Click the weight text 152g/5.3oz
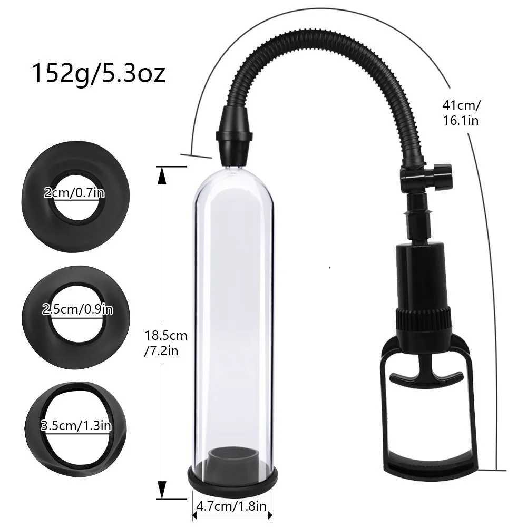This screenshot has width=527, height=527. [99, 74]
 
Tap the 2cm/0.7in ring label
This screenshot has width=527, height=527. [74, 193]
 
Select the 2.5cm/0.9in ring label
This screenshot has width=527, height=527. [77, 309]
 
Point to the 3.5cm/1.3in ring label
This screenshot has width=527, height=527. [76, 425]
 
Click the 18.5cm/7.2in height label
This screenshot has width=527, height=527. [165, 343]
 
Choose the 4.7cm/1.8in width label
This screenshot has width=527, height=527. [232, 507]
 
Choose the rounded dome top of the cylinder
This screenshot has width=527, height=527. [233, 182]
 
